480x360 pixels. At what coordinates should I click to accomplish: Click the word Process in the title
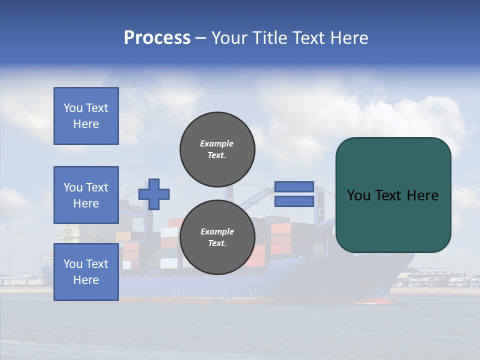click(157, 38)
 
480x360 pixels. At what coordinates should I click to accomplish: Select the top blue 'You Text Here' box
click(86, 116)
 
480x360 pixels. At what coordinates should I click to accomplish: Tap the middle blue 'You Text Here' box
click(86, 195)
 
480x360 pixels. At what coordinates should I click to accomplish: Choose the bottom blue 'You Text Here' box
click(86, 272)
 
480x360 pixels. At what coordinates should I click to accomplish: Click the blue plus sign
click(154, 194)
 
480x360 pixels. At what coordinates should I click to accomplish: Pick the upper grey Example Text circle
click(217, 149)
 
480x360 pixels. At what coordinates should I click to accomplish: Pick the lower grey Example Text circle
click(217, 237)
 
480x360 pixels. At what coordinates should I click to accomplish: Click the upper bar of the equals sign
click(294, 187)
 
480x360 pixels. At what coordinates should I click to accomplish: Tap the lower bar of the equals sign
click(294, 201)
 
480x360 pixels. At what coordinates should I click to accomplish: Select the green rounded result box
click(393, 194)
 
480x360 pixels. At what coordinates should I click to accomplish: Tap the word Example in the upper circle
click(217, 144)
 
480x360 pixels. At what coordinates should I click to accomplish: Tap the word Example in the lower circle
click(217, 232)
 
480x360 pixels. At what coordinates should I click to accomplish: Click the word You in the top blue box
click(73, 108)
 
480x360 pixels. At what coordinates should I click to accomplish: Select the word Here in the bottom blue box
click(86, 280)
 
